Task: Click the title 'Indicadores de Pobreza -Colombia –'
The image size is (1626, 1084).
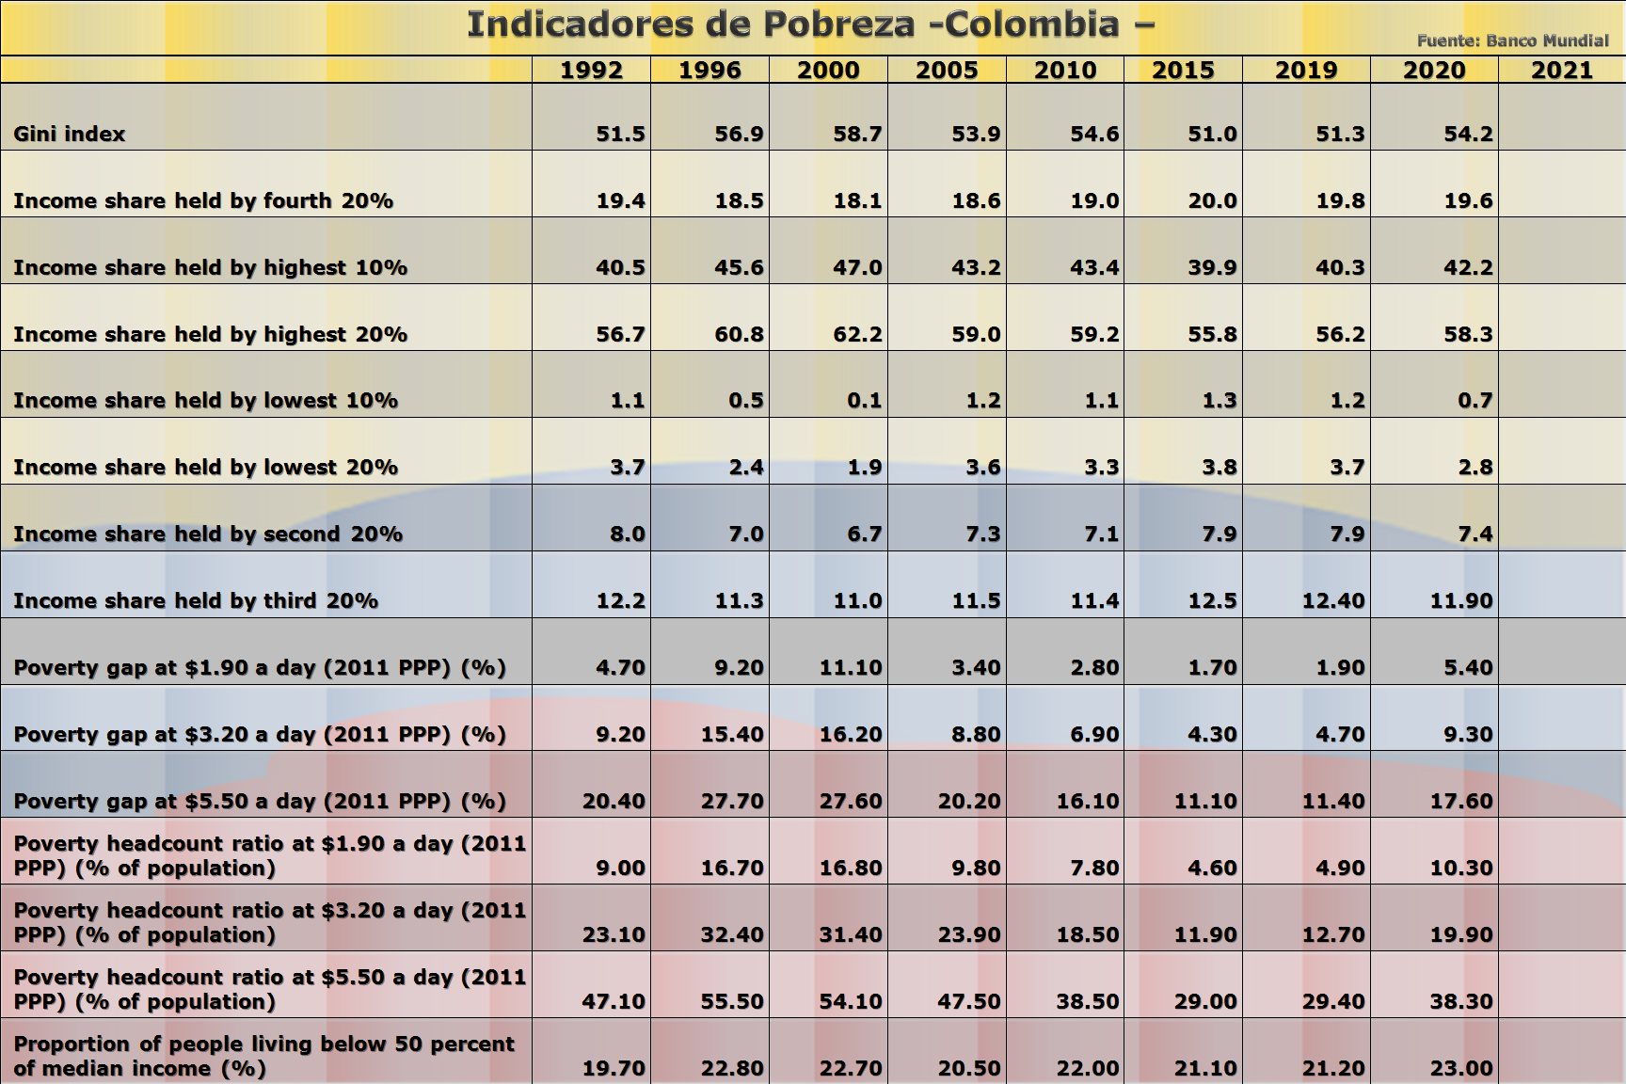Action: pos(810,24)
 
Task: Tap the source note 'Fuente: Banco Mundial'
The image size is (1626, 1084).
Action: pos(1512,40)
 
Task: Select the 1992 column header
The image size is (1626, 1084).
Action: pos(591,71)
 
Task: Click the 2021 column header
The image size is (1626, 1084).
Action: pos(1561,71)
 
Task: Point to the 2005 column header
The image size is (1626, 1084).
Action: pos(947,71)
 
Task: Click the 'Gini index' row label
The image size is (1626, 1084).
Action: pos(70,134)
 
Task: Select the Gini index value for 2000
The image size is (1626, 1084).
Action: pos(857,134)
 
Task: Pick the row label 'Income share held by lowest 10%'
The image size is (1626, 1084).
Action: pos(205,401)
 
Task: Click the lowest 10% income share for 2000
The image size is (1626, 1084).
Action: pos(864,401)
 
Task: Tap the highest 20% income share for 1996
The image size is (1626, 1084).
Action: pos(739,334)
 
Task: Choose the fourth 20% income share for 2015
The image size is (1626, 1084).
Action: pos(1212,200)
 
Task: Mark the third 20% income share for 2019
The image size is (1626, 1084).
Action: pos(1332,600)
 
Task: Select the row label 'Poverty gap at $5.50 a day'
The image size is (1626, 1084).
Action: pos(260,801)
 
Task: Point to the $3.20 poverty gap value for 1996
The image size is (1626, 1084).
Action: pos(732,734)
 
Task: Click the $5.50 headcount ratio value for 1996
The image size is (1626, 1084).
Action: pos(732,1001)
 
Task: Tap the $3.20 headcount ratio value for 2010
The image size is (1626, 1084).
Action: pos(1088,934)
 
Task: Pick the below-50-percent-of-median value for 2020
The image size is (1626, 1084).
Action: pos(1461,1068)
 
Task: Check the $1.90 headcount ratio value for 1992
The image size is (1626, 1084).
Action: pos(620,868)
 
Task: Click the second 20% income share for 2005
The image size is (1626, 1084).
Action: pos(983,534)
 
